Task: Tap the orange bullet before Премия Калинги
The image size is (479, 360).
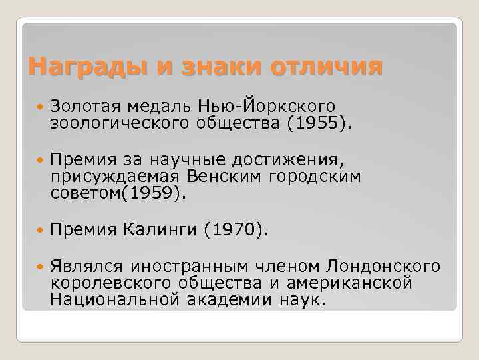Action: pyautogui.click(x=40, y=231)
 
